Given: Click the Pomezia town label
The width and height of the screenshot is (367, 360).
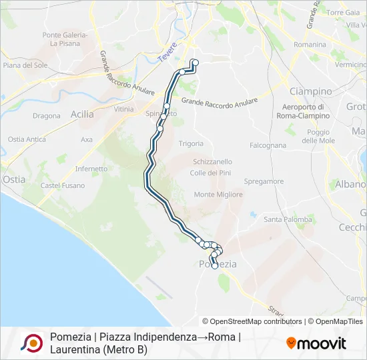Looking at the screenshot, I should point(218,264).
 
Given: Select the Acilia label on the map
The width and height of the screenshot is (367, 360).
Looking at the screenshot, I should point(82,114).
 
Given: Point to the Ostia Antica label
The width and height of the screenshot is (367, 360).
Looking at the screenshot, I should point(27,139).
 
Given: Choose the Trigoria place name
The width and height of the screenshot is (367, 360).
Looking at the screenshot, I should point(192,143).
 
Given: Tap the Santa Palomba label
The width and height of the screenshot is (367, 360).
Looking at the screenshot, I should point(288,219).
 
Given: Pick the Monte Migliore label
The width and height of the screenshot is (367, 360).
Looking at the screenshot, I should point(214,195).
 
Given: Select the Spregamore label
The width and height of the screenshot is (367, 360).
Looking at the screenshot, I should point(264,181).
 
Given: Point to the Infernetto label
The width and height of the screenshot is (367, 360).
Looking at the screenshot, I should point(91,169).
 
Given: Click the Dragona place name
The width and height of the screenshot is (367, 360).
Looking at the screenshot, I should point(46,115).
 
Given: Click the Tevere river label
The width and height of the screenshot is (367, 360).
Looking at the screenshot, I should point(169,53).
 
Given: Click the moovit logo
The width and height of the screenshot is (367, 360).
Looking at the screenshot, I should point(316,343).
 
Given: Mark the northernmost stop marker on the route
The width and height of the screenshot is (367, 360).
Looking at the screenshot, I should point(196,63).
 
